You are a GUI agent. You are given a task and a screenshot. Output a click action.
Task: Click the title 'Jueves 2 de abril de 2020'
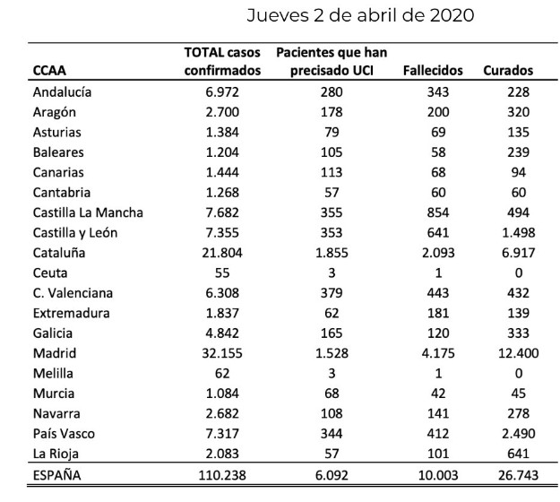click(x=360, y=15)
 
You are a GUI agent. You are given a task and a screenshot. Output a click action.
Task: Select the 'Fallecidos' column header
click(x=433, y=71)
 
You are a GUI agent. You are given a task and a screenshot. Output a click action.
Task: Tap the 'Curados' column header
click(x=508, y=71)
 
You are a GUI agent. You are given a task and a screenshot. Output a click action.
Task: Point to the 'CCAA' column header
click(x=49, y=71)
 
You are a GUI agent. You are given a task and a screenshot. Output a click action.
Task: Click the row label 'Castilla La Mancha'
click(x=88, y=212)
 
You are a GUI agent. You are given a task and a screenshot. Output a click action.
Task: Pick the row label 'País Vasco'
click(x=64, y=434)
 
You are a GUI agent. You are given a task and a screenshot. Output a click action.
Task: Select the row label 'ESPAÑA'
click(x=56, y=475)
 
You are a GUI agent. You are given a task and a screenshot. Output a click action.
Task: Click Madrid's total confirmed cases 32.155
click(x=222, y=353)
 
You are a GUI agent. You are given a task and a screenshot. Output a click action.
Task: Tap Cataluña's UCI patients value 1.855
click(x=332, y=253)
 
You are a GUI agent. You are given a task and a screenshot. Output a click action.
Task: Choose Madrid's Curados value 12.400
click(x=519, y=353)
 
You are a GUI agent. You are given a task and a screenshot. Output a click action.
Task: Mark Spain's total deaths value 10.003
click(x=438, y=475)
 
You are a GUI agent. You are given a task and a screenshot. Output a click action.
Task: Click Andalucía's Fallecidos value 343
click(x=438, y=92)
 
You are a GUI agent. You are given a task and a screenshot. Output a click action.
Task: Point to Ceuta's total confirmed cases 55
click(x=222, y=273)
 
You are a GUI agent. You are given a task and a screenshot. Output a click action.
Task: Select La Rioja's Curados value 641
click(x=519, y=454)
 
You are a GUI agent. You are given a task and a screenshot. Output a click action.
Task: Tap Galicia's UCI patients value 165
click(x=332, y=333)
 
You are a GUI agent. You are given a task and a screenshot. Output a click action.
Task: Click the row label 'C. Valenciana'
click(x=73, y=293)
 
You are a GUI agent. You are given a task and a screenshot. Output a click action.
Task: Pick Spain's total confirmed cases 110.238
click(x=222, y=475)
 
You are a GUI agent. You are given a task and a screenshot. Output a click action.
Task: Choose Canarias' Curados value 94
click(x=519, y=173)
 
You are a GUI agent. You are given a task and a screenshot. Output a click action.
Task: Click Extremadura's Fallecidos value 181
click(x=438, y=314)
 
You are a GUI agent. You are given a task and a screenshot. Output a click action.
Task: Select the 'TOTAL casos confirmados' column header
click(x=222, y=62)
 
